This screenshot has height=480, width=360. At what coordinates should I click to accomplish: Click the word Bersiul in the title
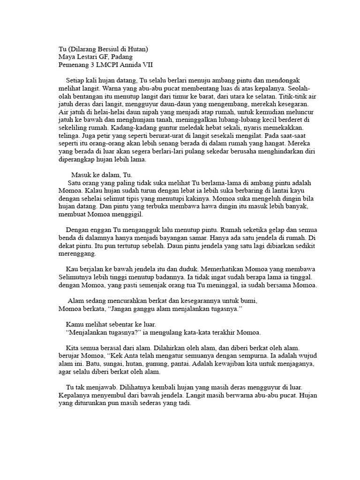tap(109, 49)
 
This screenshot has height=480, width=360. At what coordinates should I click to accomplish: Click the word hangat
tap(271, 143)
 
